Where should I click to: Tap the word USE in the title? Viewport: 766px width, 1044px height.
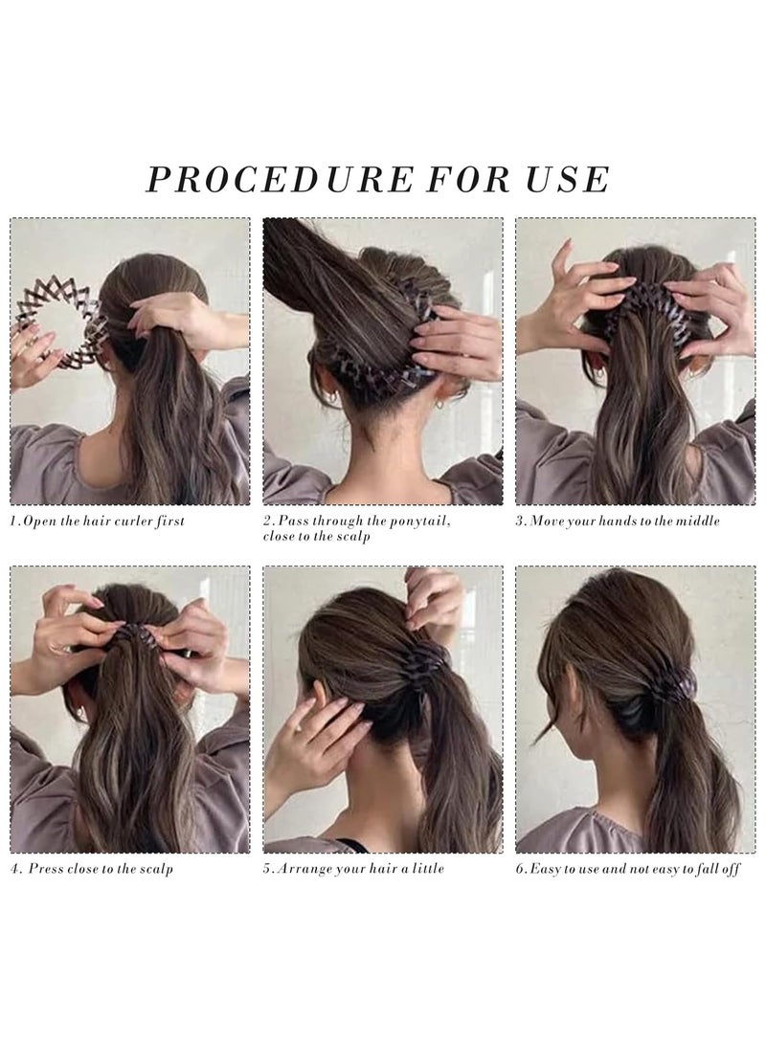[x=567, y=179]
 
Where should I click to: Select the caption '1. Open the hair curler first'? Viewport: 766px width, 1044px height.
[x=98, y=522]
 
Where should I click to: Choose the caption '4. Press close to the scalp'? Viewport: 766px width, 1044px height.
[x=92, y=870]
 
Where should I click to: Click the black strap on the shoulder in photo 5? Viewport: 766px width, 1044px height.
[x=353, y=845]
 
